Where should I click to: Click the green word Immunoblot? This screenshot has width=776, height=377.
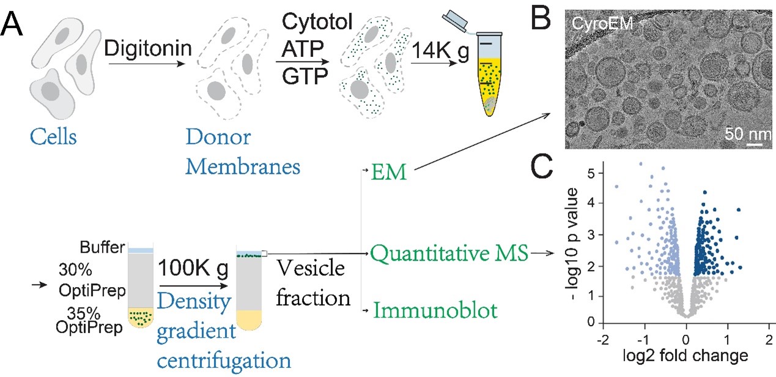coord(435,311)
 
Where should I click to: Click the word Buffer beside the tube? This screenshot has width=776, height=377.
coord(102,248)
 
